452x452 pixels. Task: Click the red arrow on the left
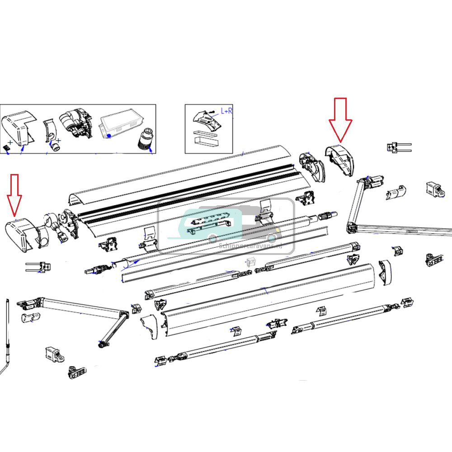tap(14, 194)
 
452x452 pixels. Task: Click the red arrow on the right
tap(340, 119)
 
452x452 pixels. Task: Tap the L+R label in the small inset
tap(226, 111)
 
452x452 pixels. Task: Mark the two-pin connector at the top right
tap(398, 147)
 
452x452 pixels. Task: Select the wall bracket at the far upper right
tap(433, 189)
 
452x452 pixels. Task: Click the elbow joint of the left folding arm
tap(122, 314)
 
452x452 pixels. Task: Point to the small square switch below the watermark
tap(251, 262)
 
